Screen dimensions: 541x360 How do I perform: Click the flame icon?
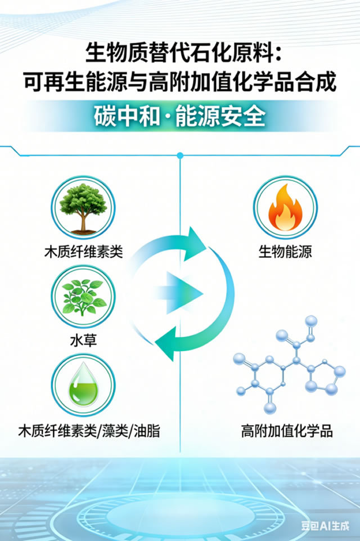(285, 209)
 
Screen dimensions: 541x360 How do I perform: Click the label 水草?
(83, 341)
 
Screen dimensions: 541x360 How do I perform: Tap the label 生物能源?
(285, 251)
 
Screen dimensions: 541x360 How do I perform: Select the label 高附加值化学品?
(287, 432)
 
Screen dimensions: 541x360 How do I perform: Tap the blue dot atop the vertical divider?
(179, 155)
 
